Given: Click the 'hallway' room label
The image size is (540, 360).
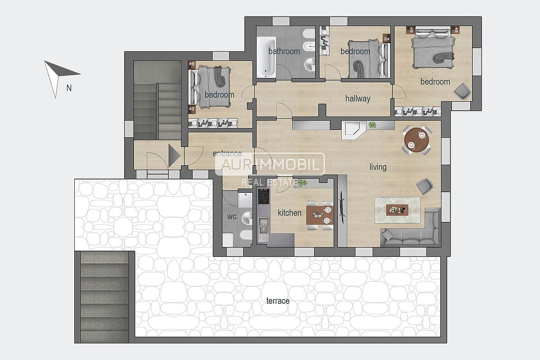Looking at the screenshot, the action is pos(358,99).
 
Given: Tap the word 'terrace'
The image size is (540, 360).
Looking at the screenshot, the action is pos(278,301).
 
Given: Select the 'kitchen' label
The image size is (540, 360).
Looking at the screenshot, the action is pos(289,213).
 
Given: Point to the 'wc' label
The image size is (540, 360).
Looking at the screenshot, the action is pos(232,216).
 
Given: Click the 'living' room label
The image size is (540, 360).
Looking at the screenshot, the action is pos(378,167).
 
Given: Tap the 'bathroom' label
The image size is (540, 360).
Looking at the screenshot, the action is pos(284,51).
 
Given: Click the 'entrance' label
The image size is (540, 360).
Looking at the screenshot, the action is pos(227,153).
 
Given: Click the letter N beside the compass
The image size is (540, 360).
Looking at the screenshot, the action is pos(69,88).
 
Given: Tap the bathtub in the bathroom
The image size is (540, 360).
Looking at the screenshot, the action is pos(266,58).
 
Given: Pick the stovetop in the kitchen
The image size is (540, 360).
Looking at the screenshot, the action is pos(264,197).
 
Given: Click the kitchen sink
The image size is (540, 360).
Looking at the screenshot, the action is pos(263,229).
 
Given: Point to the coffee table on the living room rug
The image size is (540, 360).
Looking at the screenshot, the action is pos(397,210).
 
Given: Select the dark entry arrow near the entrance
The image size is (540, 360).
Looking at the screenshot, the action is pos(174,156).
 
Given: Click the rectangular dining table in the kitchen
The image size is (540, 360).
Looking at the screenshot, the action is pos(320,215).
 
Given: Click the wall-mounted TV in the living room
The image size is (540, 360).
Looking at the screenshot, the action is pos(342,207).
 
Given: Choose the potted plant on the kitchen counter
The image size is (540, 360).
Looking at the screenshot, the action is pos(302,183).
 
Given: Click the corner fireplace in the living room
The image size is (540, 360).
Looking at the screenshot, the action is pos(353,130).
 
